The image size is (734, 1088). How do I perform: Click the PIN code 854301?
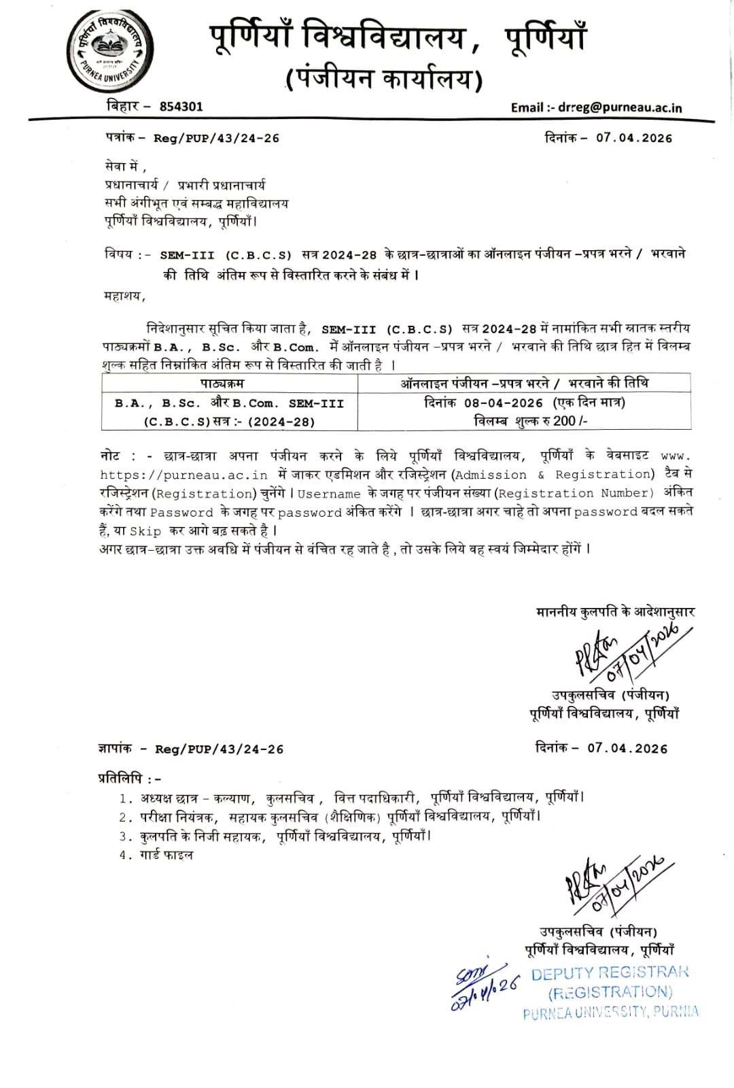pos(181,106)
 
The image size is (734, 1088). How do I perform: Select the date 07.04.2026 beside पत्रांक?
pos(633,137)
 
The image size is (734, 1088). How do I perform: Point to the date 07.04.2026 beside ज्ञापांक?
pos(627,748)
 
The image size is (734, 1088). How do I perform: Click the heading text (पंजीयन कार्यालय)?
pos(385,79)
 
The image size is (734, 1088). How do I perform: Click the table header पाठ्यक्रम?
pos(222,384)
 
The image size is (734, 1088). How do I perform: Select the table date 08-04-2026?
pos(504,403)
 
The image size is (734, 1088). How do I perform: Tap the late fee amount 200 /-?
pos(570,421)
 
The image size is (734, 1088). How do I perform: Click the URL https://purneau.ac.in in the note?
pos(183,475)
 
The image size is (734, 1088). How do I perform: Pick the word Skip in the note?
pos(145,531)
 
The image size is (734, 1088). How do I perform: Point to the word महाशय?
pos(124,295)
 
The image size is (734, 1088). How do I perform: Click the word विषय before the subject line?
pos(119,254)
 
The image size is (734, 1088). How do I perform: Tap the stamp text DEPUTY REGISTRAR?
pos(610,972)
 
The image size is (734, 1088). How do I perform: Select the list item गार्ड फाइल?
pos(167,855)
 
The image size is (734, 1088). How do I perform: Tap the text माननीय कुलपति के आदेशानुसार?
pos(615,611)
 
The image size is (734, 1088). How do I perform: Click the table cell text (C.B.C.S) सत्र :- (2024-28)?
pos(230,422)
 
